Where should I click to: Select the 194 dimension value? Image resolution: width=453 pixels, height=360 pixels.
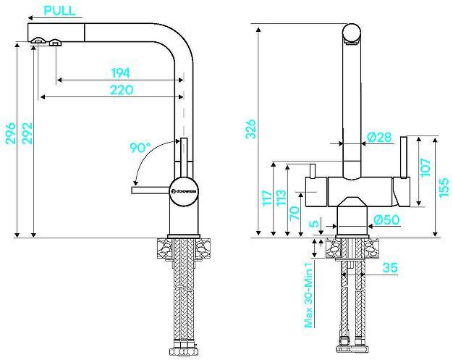pyautogui.click(x=120, y=72)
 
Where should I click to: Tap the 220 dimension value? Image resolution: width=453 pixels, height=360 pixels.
pyautogui.click(x=120, y=90)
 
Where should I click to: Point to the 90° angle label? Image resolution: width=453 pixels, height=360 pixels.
pyautogui.click(x=140, y=148)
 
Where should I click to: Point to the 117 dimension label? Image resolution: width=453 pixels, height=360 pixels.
pyautogui.click(x=266, y=198)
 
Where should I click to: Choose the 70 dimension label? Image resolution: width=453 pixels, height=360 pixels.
pyautogui.click(x=295, y=213)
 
